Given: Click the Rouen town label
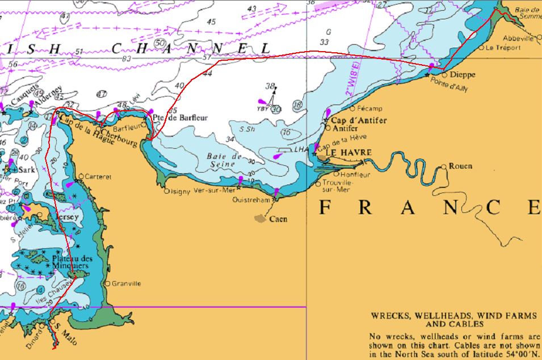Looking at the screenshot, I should click(x=460, y=166).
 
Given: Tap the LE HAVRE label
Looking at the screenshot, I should click(x=348, y=153).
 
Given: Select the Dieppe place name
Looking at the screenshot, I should click(x=462, y=74).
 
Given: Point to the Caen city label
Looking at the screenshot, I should click(x=278, y=219).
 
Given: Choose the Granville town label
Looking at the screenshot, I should click(x=127, y=283).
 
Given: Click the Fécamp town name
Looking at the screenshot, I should click(x=370, y=108).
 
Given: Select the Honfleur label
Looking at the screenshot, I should click(x=355, y=175).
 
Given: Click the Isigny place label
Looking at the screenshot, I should click(x=182, y=191).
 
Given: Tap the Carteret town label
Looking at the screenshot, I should click(x=98, y=177).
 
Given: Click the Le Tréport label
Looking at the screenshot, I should click(x=503, y=48).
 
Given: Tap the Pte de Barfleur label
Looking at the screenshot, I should click(x=180, y=118).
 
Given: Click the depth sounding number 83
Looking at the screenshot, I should click(x=126, y=59).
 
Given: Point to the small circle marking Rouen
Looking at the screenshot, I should click(x=444, y=167).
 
